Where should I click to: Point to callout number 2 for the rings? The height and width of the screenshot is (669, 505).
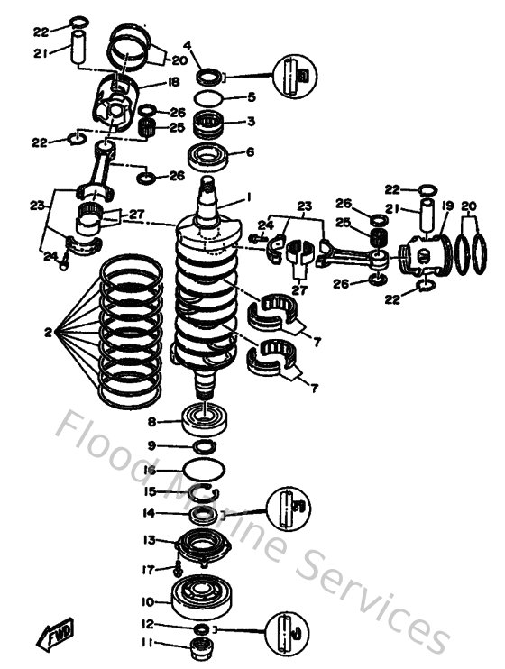click(x=48, y=333)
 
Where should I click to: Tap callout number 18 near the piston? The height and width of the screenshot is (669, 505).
click(x=173, y=83)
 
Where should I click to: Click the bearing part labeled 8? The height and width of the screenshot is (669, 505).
click(x=207, y=420)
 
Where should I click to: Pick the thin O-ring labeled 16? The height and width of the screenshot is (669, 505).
click(x=207, y=470)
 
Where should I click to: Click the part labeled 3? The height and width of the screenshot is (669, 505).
click(x=209, y=123)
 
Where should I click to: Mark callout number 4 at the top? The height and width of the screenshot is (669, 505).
click(x=187, y=45)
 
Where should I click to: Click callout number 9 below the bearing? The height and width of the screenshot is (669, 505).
click(x=151, y=446)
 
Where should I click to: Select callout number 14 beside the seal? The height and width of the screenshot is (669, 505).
click(x=151, y=513)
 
